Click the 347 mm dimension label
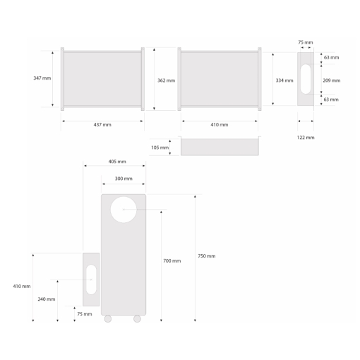(x=42, y=78)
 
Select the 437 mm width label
(x=102, y=125)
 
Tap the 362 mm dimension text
(x=166, y=80)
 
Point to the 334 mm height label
(x=284, y=80)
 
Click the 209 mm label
(x=331, y=80)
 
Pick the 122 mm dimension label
(x=306, y=137)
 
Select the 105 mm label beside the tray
(x=160, y=148)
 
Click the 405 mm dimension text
(x=117, y=162)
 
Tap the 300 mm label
(x=124, y=179)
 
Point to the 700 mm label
(x=172, y=261)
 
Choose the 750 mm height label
(x=207, y=256)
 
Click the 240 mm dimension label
(x=47, y=299)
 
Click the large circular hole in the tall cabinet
(x=124, y=209)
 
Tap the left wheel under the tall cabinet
(x=108, y=318)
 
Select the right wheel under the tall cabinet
(x=137, y=318)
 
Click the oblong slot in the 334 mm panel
(x=305, y=79)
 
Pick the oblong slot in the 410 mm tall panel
(x=91, y=280)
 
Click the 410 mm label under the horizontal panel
(x=220, y=125)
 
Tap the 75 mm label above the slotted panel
(x=305, y=42)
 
